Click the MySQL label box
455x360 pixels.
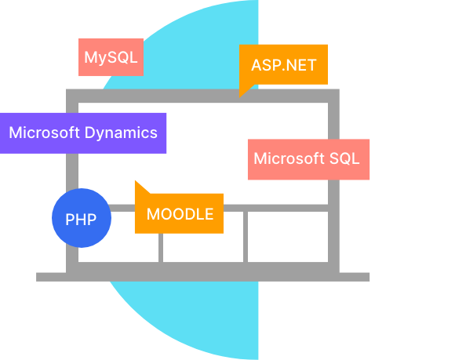111,57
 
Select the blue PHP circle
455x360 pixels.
82,218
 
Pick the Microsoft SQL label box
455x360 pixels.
308,159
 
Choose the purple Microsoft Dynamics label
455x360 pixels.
83,133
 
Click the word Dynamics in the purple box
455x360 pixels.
121,133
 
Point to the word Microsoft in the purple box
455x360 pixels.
44,133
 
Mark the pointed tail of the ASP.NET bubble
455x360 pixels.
240,97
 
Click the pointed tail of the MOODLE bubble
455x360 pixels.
136,181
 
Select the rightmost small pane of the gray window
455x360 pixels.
288,237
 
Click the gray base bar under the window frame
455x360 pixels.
202,277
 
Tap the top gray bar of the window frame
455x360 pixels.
202,96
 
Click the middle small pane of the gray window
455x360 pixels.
203,247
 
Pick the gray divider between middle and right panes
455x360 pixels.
246,237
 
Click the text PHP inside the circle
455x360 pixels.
81,220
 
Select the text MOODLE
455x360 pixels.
180,214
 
